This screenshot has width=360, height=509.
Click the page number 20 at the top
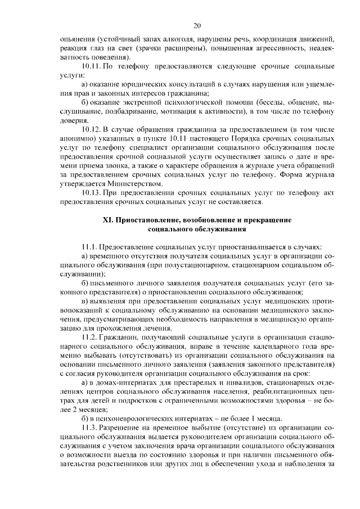coord(197,25)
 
